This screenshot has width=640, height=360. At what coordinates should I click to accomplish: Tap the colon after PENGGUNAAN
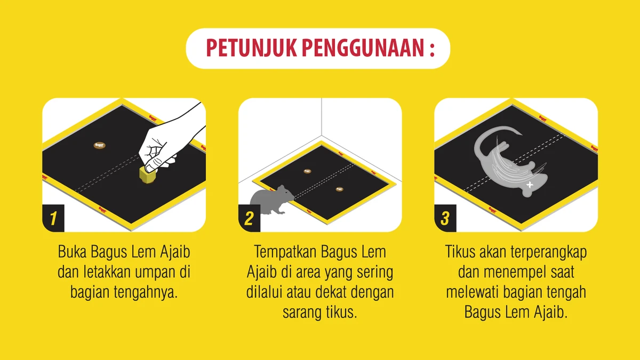431,49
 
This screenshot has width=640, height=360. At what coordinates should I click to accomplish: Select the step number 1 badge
53,218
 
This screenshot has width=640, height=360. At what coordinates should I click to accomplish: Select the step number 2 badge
249,218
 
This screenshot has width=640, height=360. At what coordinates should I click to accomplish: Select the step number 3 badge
445,218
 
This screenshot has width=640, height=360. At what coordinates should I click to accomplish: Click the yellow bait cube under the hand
147,174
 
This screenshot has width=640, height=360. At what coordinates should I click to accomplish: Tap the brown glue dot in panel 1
99,146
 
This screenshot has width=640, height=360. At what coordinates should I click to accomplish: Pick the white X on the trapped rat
530,185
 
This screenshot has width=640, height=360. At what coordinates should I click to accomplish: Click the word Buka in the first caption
72,252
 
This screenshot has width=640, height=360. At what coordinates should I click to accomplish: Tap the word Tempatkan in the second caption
285,252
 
